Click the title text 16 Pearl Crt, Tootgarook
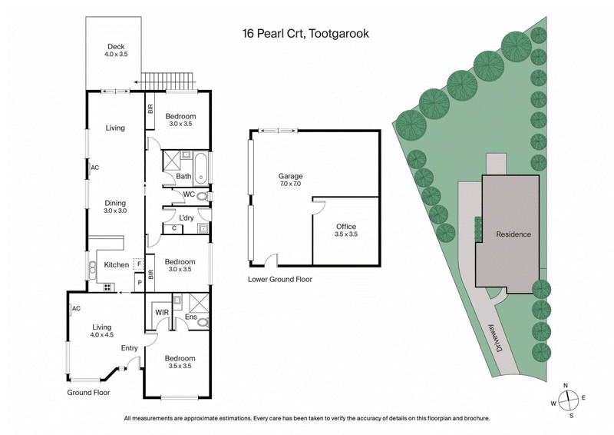305,35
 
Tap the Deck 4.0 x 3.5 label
115,51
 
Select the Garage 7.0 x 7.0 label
290,180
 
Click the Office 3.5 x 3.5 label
346,230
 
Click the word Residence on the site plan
513,234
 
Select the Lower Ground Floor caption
280,279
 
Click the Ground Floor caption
87,392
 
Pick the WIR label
162,313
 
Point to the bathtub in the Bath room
201,168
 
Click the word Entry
130,348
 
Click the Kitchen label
117,265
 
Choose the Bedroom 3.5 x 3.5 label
180,362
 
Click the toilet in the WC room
202,196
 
